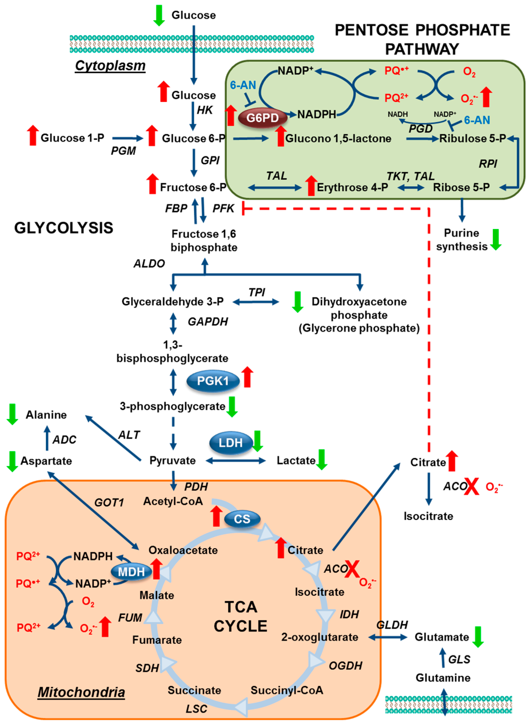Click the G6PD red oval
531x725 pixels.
263,118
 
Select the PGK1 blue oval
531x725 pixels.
213,381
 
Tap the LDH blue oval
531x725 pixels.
230,443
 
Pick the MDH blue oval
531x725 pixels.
131,572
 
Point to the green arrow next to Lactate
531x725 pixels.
321,460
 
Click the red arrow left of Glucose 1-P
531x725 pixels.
33,136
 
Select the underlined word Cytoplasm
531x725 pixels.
110,66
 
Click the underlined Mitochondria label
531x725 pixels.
81,692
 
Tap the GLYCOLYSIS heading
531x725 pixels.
64,228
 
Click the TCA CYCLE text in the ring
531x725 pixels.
240,616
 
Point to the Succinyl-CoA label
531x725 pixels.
287,690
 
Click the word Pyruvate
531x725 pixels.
173,460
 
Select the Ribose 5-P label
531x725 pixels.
461,187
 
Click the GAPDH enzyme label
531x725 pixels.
208,321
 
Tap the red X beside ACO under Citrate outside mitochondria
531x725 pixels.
471,486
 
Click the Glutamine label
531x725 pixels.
443,678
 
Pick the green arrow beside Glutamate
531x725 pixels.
478,637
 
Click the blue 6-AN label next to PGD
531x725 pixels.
477,120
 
